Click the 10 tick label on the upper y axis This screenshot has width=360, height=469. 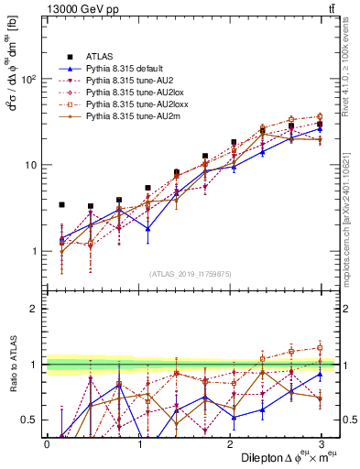click(x=29, y=165)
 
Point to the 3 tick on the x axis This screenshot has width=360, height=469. click(x=321, y=443)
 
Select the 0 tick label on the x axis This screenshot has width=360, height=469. click(x=47, y=443)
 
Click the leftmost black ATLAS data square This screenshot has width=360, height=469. click(x=61, y=205)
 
